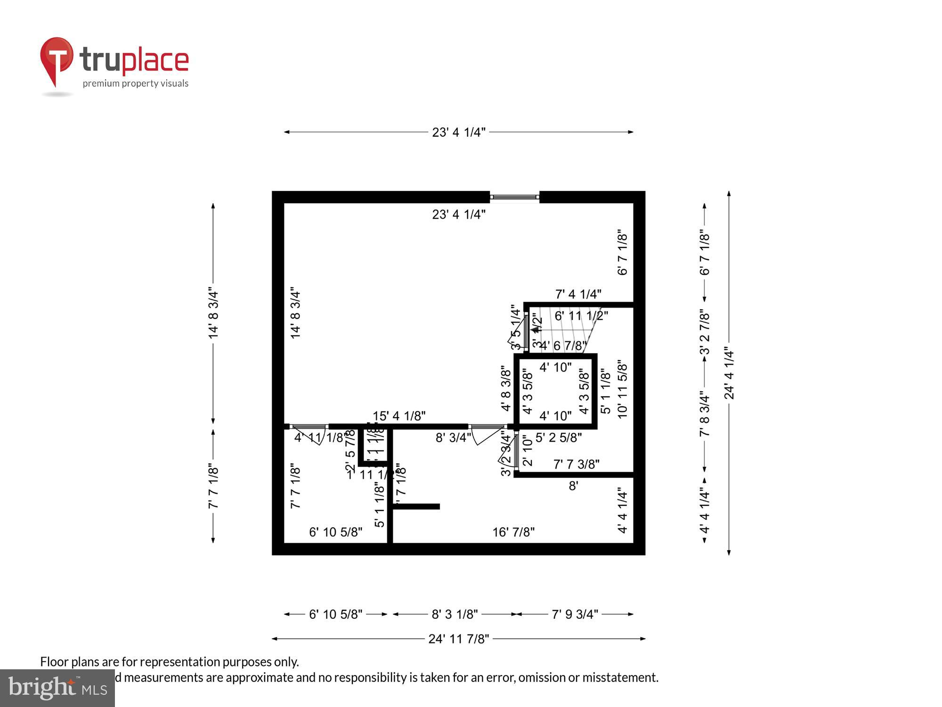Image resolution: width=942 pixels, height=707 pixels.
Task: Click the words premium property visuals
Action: [x=136, y=84]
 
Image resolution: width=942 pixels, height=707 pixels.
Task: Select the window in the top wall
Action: [x=514, y=197]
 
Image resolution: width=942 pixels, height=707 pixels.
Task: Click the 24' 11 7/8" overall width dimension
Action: [x=458, y=639]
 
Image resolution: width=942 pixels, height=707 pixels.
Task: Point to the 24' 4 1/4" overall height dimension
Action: [x=729, y=373]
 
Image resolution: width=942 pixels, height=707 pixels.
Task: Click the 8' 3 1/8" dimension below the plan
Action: [x=455, y=614]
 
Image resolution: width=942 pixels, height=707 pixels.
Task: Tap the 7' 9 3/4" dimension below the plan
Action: [x=575, y=614]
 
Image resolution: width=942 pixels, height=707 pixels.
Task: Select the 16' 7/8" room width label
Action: [x=513, y=532]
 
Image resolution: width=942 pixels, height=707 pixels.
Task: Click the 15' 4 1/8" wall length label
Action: [x=399, y=416]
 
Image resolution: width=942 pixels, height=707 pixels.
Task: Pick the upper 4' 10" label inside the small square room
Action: [x=555, y=367]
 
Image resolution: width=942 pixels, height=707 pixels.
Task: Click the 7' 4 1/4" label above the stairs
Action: [x=578, y=294]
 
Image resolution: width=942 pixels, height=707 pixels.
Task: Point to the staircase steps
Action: [x=565, y=330]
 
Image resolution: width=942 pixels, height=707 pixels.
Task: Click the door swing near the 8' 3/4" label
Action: [x=485, y=436]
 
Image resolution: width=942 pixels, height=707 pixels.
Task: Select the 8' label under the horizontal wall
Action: [x=573, y=486]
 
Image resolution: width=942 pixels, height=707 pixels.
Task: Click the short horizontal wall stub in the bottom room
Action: [x=417, y=507]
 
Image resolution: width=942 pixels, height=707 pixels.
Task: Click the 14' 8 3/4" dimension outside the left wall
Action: [x=213, y=313]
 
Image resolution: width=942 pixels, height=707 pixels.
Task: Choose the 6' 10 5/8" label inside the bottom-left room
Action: [x=335, y=532]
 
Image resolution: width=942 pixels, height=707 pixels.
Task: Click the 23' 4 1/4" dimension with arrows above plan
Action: [x=458, y=132]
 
